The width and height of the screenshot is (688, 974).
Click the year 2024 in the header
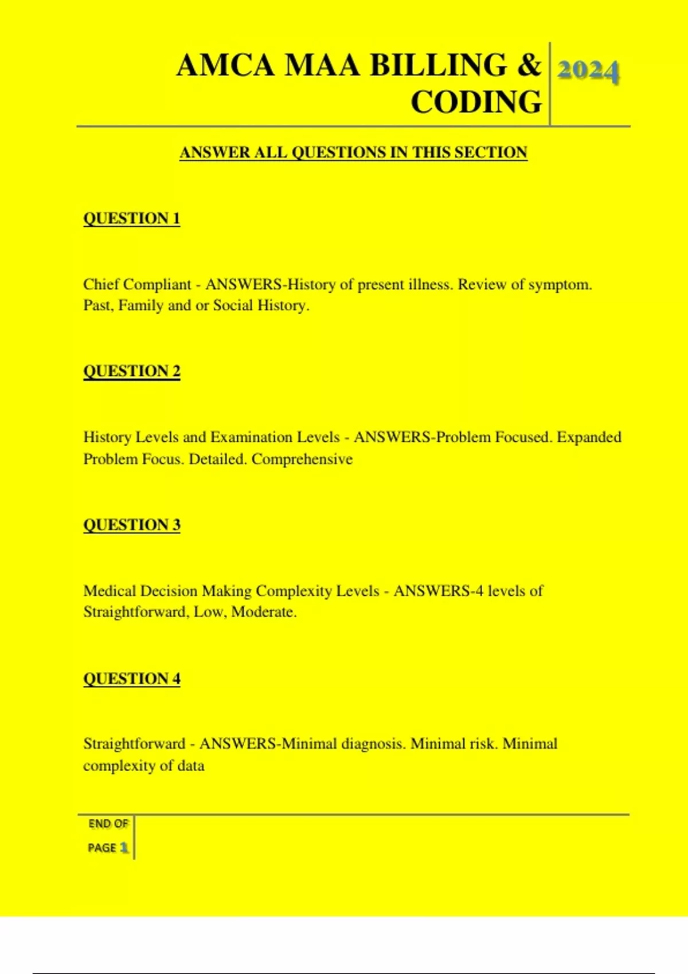click(588, 72)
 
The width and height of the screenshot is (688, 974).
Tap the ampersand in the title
click(529, 65)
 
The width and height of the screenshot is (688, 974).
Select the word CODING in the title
click(476, 102)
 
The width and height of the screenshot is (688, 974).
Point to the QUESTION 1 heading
click(132, 218)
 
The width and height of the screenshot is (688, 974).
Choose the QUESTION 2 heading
click(132, 371)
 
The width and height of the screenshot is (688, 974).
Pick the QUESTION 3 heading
click(132, 525)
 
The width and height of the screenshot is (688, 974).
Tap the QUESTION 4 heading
click(132, 678)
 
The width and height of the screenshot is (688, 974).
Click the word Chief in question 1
click(101, 284)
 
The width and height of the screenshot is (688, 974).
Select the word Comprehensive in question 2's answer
click(302, 459)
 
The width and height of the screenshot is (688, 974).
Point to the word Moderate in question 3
click(263, 612)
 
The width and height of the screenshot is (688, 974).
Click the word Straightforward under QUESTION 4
click(134, 744)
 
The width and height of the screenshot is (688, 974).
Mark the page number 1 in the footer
click(124, 847)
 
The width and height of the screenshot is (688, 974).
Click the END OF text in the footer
click(108, 824)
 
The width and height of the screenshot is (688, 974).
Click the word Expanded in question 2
click(589, 437)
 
